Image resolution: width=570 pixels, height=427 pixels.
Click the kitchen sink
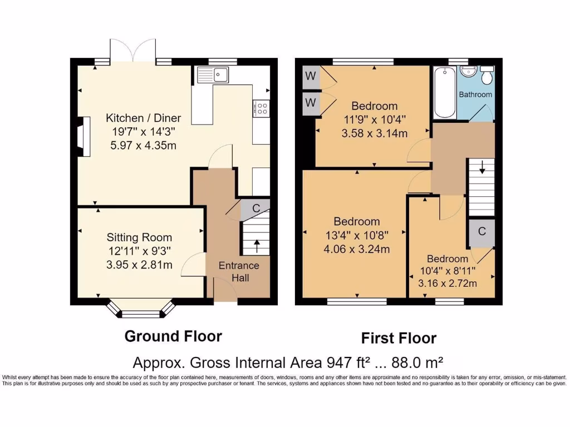coord(213,74)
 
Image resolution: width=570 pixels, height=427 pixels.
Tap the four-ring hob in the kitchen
coord(261,108)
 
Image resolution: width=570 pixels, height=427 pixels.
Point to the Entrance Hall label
coord(239,271)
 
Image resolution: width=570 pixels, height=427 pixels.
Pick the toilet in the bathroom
coord(488,76)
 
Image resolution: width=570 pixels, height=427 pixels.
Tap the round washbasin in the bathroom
coord(466,71)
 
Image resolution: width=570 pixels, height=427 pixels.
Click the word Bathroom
coord(475,95)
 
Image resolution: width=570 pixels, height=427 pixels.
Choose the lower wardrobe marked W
coord(309,103)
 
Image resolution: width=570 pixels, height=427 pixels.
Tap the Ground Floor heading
coord(173,336)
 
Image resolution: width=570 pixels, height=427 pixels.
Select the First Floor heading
coord(399,338)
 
